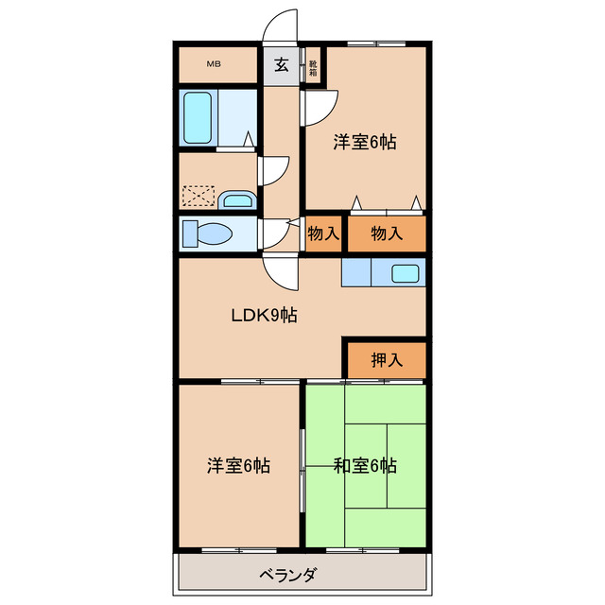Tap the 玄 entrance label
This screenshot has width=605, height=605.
282,65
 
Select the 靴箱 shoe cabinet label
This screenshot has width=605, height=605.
313,68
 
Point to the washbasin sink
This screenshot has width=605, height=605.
237,199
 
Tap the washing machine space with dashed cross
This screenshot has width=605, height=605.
198,196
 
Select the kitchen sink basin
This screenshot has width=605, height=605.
406,274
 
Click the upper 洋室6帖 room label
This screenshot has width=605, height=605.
364,143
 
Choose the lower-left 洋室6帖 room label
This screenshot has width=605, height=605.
239,465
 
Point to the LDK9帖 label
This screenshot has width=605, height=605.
265,316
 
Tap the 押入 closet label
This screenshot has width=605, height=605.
386,359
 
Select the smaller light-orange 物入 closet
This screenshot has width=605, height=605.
323,233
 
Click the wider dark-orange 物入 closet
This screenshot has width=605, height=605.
386,233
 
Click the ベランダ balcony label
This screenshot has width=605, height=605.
288,574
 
